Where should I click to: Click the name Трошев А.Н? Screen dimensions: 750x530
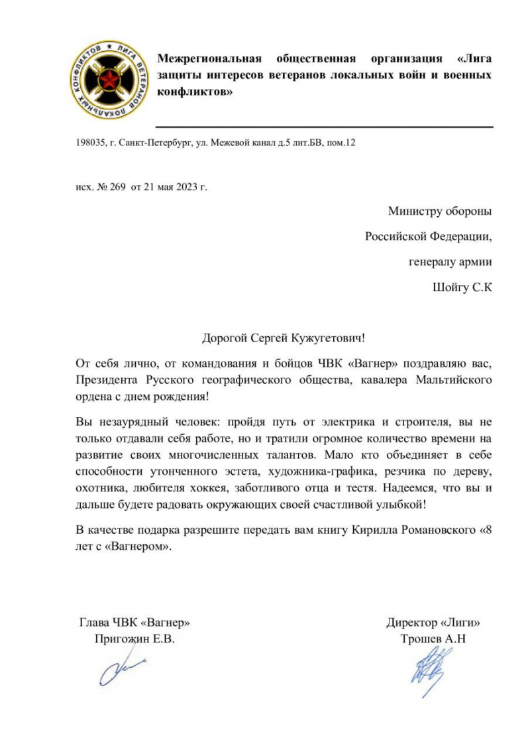click(433, 640)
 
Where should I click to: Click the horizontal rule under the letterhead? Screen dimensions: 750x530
click(325, 126)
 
